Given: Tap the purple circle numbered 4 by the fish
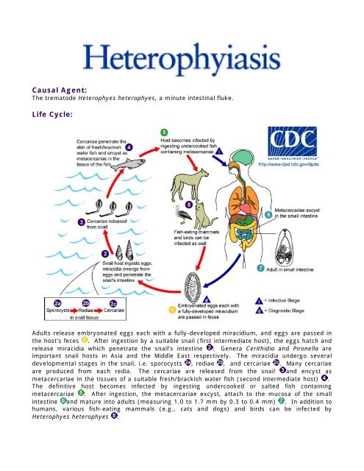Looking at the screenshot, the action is (x=129, y=146).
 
